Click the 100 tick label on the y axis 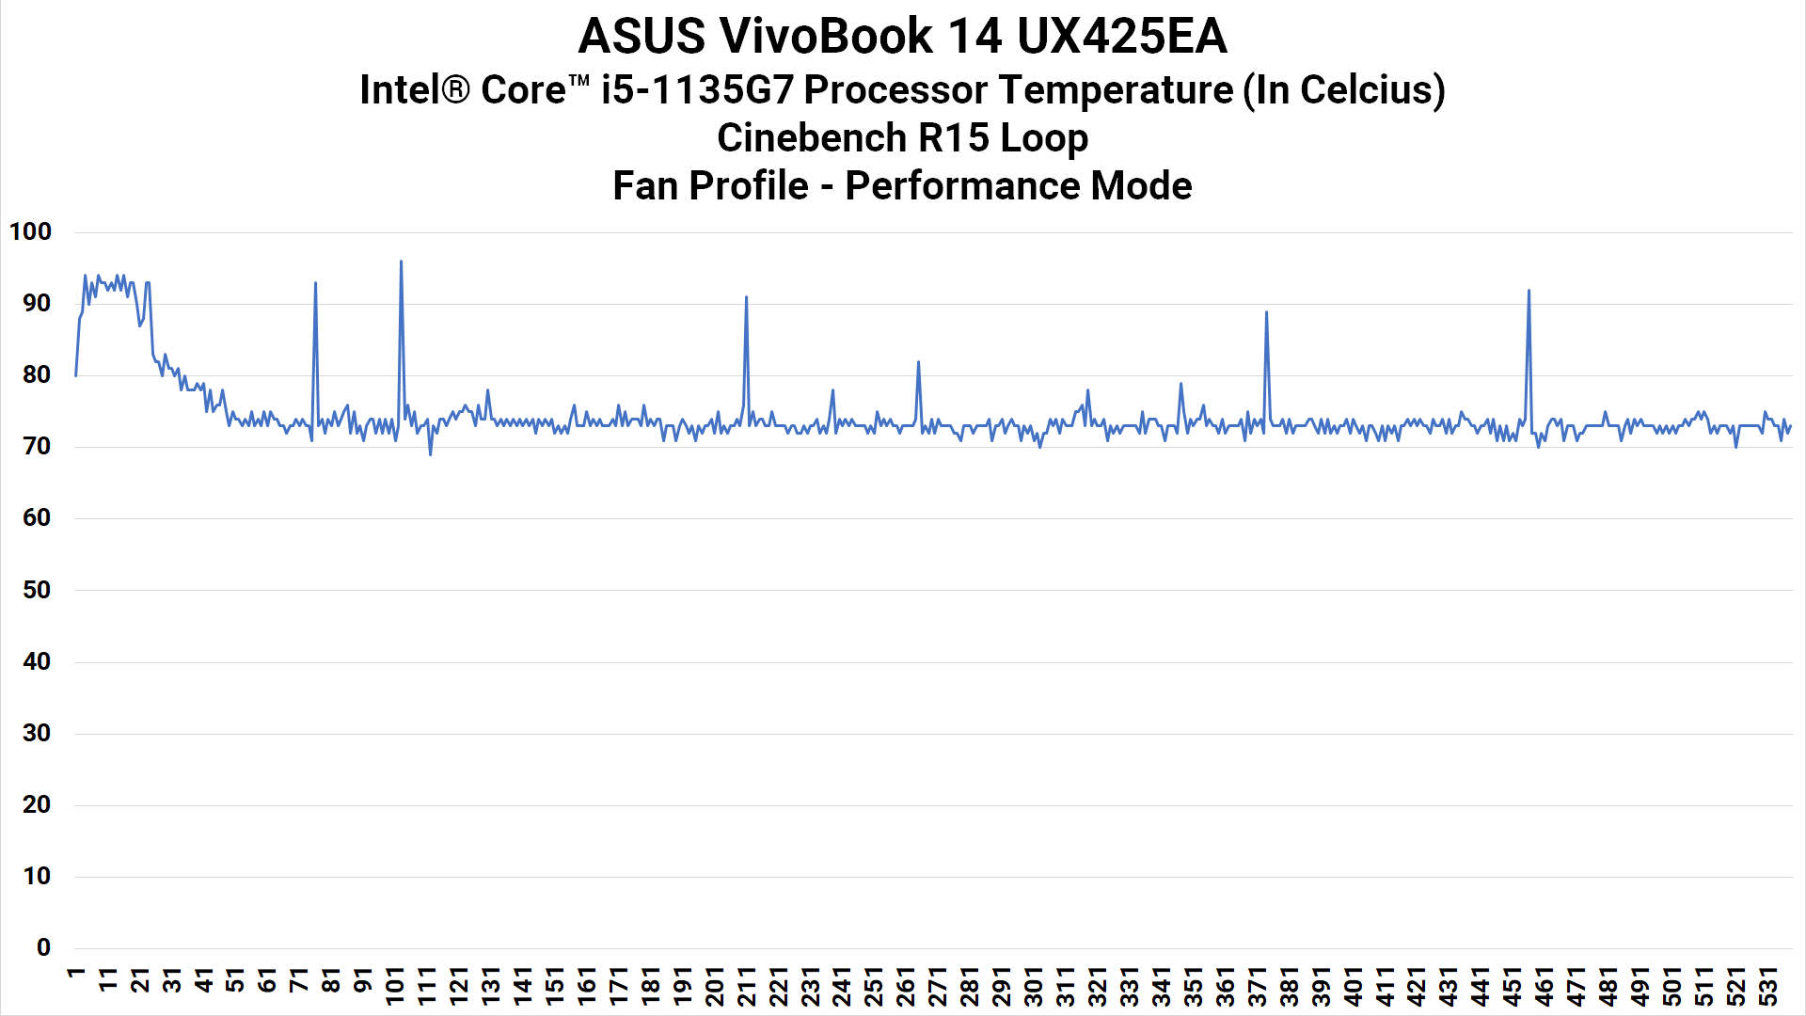(30, 231)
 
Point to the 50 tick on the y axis (37, 590)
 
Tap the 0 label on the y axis (43, 948)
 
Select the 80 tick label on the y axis (37, 374)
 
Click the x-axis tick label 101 (394, 987)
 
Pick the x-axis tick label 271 (937, 987)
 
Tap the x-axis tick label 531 (1767, 987)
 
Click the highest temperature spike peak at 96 (402, 262)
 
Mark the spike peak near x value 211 (746, 297)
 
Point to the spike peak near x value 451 (1529, 290)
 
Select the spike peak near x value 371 (1266, 312)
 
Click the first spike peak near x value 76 (315, 282)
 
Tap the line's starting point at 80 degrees (76, 375)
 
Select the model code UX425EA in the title (1121, 38)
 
